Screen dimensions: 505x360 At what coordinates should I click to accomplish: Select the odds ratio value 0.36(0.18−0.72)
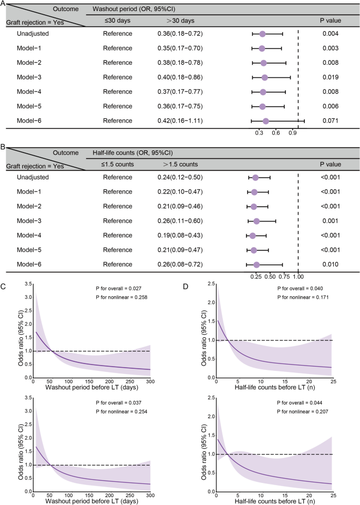(180, 34)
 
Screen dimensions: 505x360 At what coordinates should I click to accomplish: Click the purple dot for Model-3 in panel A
(264, 77)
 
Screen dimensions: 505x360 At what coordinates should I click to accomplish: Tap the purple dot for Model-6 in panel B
(256, 264)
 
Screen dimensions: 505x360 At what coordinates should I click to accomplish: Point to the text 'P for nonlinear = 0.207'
(303, 405)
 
